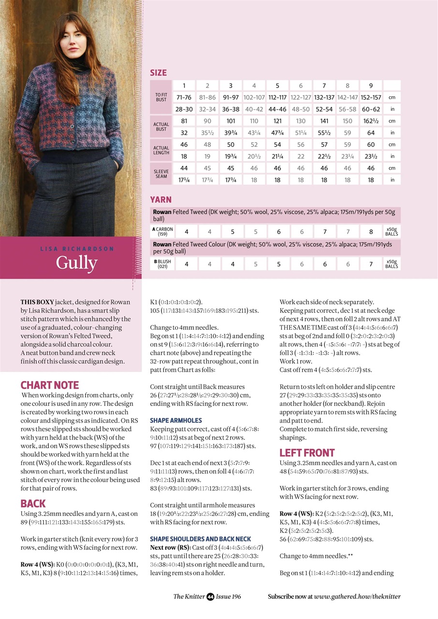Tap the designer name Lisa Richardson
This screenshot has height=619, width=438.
76,249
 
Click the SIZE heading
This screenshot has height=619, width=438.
158,73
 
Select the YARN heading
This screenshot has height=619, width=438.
161,200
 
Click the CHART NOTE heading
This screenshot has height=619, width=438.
49,385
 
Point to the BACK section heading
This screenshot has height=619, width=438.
33,503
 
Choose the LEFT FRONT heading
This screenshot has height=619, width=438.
307,453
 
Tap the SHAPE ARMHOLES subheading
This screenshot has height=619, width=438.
176,420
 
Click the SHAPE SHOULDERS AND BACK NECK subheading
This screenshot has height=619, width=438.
200,539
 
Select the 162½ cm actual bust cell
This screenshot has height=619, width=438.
371,121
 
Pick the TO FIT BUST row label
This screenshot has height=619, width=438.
161,97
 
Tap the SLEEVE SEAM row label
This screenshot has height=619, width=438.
161,174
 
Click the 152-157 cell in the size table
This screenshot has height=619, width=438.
371,97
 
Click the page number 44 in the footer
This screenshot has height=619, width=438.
210,597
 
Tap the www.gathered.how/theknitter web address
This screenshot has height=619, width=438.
357,597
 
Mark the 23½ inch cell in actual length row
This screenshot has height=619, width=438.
371,156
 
